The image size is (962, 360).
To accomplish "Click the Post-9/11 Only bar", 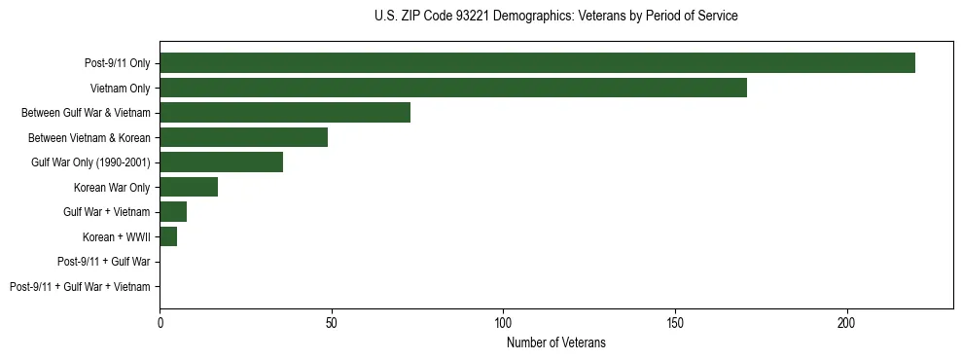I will click(537, 63).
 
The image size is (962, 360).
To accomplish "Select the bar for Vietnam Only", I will click(453, 88).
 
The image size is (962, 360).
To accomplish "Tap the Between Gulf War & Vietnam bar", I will click(285, 113).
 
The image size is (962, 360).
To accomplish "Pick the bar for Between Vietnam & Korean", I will click(243, 137).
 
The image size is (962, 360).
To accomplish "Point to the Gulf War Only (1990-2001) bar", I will click(221, 162).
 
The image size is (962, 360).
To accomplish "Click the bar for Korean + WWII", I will click(168, 236).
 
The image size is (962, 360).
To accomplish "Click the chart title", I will click(555, 17).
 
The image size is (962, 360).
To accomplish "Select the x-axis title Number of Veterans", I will click(555, 342).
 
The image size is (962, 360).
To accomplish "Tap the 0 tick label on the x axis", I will click(160, 321).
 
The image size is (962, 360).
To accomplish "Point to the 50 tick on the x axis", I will click(332, 321).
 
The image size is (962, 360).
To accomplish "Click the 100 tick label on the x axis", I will click(503, 321).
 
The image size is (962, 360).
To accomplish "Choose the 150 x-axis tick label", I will click(675, 321).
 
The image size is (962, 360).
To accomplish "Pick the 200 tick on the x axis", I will click(846, 321).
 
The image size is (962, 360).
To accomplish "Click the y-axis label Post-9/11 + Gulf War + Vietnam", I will click(80, 287).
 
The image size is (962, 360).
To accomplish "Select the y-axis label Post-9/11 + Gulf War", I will click(104, 262).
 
